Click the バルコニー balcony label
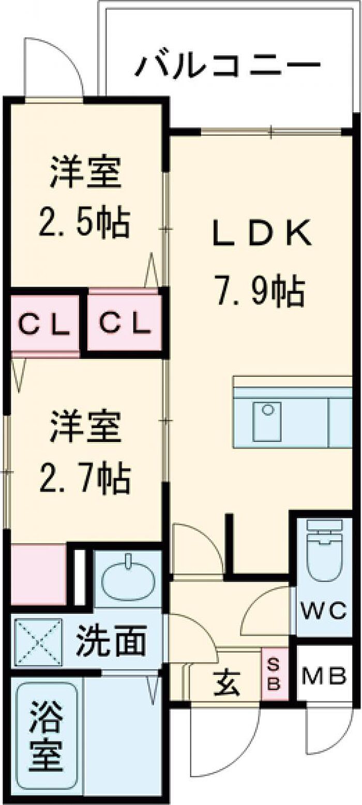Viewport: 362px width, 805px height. (228, 66)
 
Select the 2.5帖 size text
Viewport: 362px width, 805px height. (86, 223)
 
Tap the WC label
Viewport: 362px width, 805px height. (324, 612)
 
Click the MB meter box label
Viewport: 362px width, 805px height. (324, 676)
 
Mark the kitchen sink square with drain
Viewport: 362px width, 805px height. (267, 421)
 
